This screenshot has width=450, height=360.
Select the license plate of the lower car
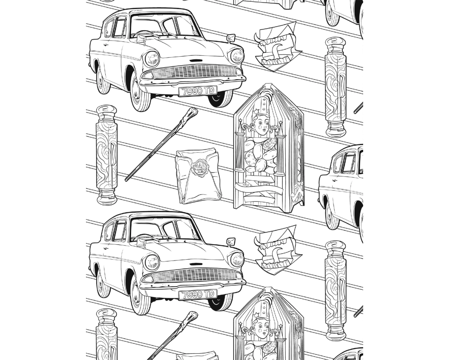[x=198, y=294]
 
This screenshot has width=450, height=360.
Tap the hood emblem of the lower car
[x=196, y=264]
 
